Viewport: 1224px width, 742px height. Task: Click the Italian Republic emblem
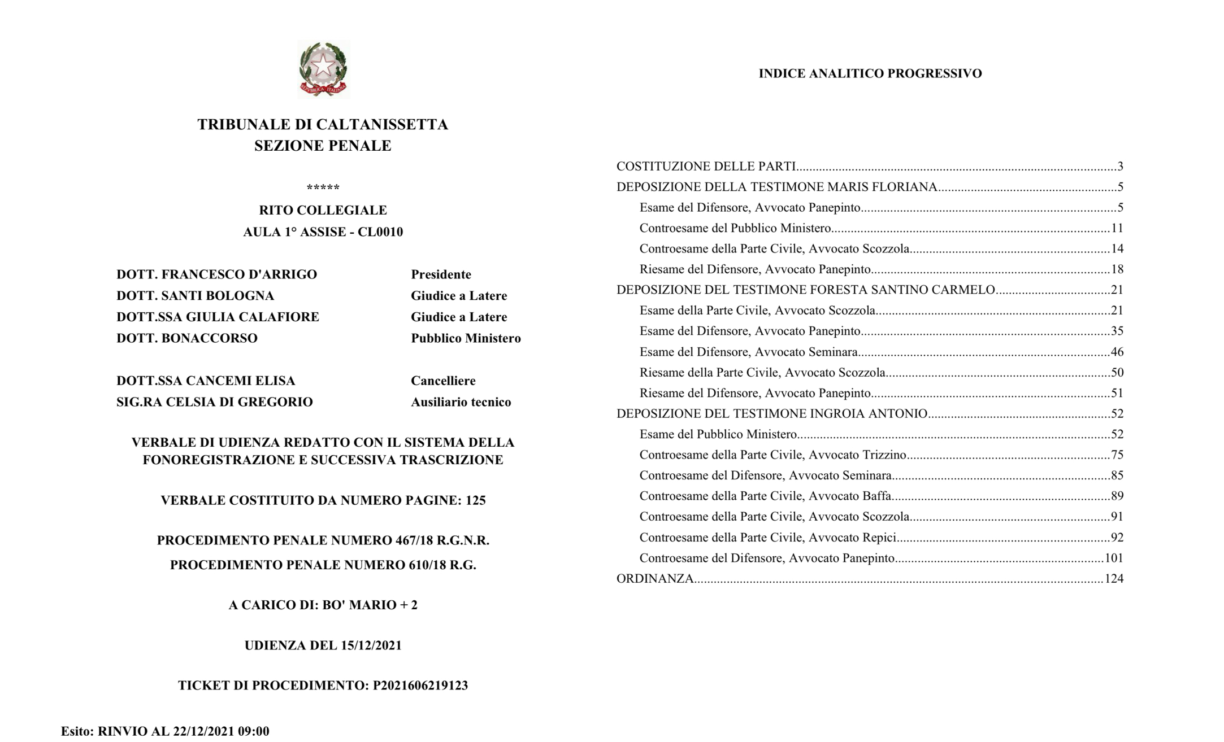(x=323, y=69)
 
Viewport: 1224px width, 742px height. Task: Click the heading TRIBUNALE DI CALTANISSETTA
(x=323, y=124)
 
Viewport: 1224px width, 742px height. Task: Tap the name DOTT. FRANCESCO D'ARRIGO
(x=216, y=274)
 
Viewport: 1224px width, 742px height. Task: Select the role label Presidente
(x=441, y=274)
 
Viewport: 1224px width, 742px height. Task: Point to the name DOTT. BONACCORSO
(x=187, y=338)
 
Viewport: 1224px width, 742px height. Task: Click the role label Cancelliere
(x=443, y=381)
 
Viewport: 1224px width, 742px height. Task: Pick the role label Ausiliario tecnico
(x=461, y=402)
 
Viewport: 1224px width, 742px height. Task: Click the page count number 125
(x=475, y=500)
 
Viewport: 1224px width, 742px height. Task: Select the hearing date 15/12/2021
(x=371, y=645)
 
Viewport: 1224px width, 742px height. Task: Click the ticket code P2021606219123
(x=420, y=686)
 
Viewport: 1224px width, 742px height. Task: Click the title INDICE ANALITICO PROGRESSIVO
(x=870, y=73)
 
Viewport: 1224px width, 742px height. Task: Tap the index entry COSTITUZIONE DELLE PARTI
(x=706, y=167)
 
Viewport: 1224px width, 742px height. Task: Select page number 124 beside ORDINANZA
(x=1114, y=579)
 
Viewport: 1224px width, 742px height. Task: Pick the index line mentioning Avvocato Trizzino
(x=772, y=455)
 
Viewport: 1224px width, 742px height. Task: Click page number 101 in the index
(x=1114, y=558)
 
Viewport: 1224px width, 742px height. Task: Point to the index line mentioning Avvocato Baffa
(x=765, y=496)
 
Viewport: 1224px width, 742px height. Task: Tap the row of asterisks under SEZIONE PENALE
(x=323, y=187)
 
